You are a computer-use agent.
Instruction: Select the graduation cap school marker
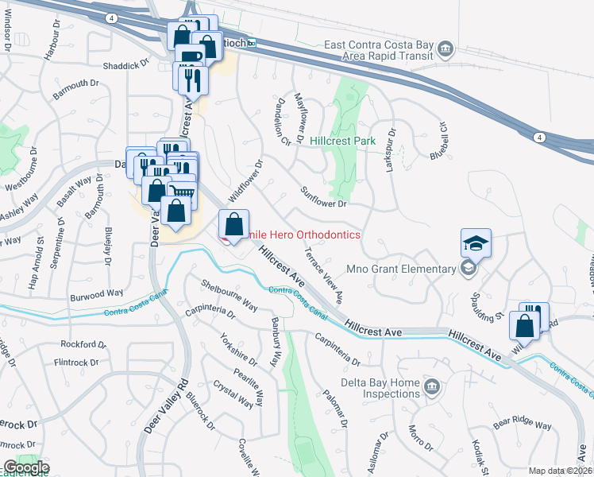point(476,243)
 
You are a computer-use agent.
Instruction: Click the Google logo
point(25,467)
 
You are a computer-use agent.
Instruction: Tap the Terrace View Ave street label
point(323,275)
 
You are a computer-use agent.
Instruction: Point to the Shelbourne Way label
point(229,295)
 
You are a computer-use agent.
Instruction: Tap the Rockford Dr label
point(83,344)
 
